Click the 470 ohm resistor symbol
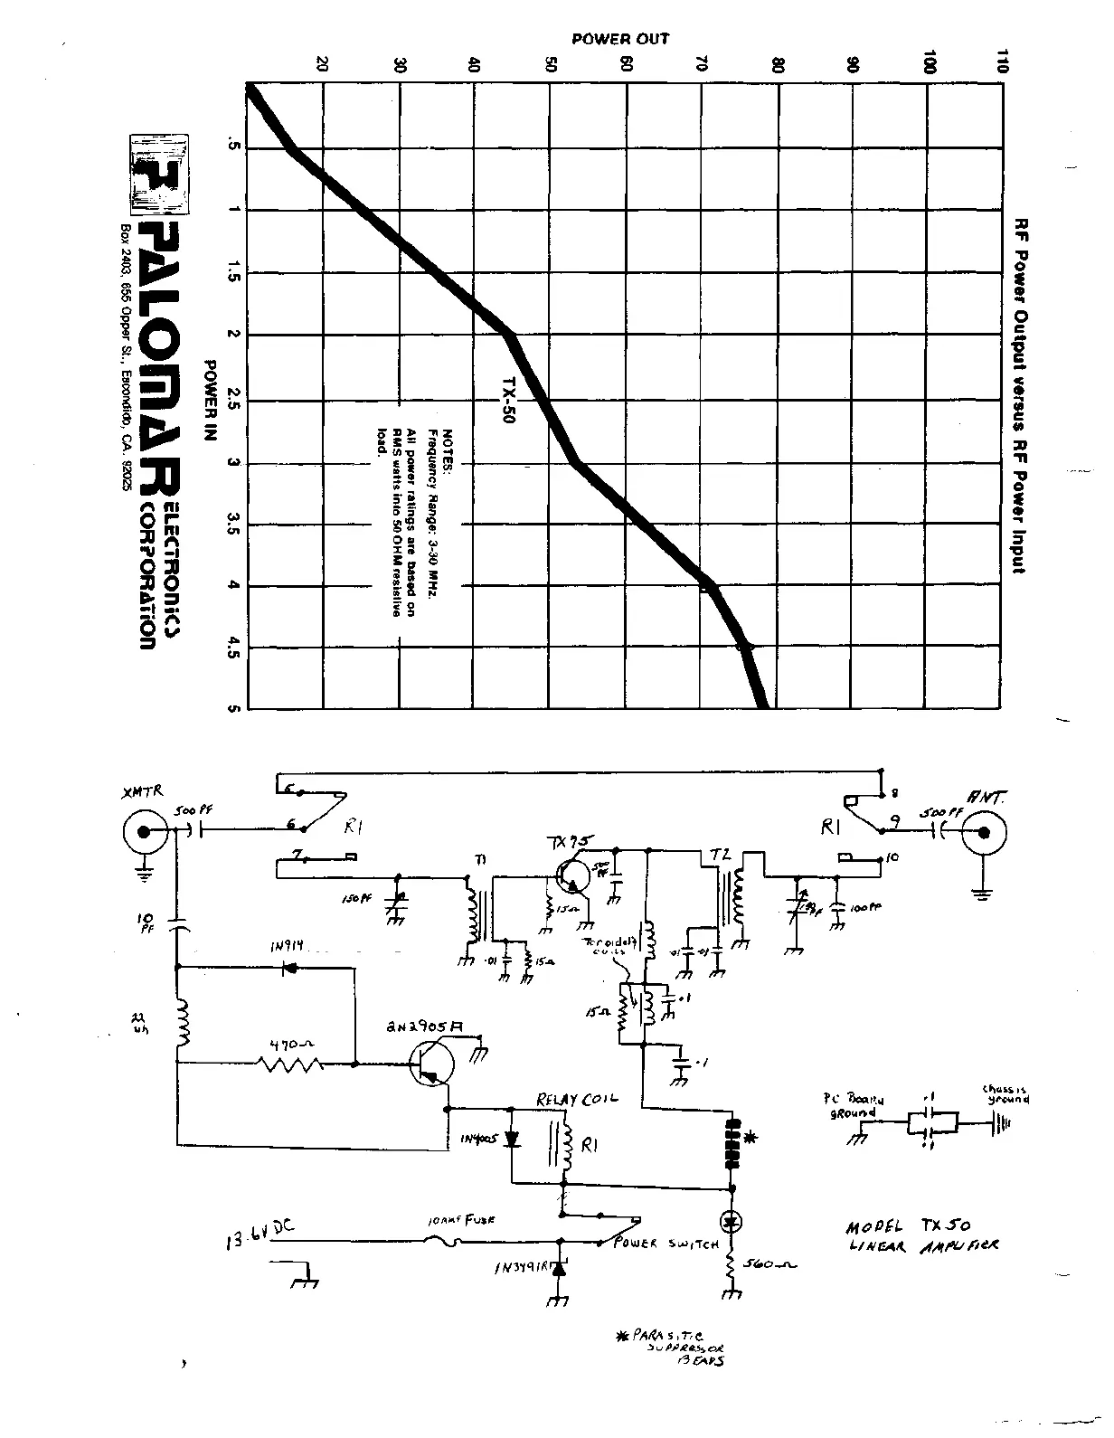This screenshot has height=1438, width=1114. [292, 1064]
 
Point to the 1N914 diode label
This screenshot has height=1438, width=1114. [288, 948]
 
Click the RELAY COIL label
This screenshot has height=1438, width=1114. [577, 1100]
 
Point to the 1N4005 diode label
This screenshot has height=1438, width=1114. [478, 1140]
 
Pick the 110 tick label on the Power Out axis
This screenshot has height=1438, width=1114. [1000, 61]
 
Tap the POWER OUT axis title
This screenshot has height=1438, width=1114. [620, 39]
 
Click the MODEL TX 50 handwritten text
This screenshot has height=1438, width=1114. [908, 1227]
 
